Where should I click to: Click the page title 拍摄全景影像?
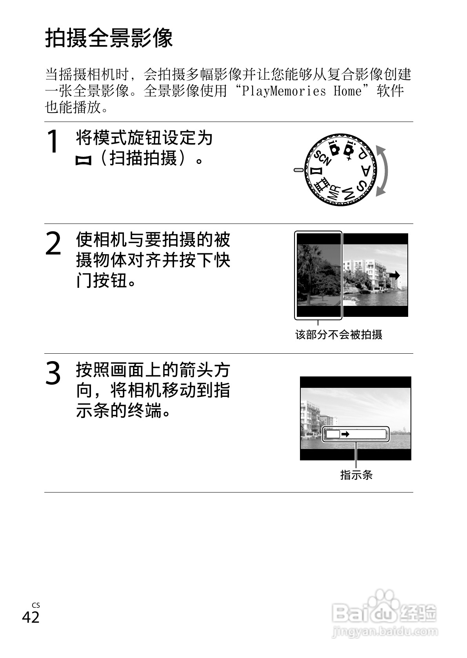[109, 38]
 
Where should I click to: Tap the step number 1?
[53, 142]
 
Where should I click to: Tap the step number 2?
[53, 244]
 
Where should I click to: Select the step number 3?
[53, 373]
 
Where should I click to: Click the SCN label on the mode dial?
[323, 158]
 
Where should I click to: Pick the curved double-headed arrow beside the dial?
[384, 170]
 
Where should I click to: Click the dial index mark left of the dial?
[298, 170]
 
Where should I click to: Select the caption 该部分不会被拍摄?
[338, 334]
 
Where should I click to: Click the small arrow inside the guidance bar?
[345, 434]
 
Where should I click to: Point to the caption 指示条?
[356, 475]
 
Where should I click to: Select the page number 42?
[31, 617]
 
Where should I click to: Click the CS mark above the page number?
[36, 605]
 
